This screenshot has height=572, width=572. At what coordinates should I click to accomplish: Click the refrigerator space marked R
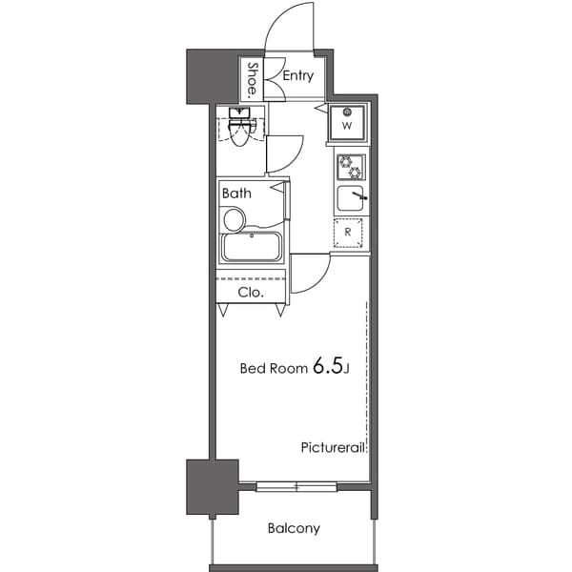(x=349, y=232)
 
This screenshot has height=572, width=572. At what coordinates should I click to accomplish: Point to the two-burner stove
(x=350, y=168)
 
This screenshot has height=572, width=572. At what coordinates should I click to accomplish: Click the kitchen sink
(x=350, y=199)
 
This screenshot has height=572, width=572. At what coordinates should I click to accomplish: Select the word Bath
(x=236, y=193)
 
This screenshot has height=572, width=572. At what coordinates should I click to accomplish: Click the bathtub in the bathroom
(x=251, y=247)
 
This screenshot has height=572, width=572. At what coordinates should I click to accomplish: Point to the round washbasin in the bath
(x=233, y=219)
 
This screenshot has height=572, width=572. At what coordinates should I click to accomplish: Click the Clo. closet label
(x=250, y=292)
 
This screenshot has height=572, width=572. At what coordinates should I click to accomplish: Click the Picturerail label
(x=334, y=446)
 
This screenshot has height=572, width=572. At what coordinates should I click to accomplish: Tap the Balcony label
(x=294, y=528)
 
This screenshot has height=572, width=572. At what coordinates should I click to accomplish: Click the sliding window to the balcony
(x=296, y=487)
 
